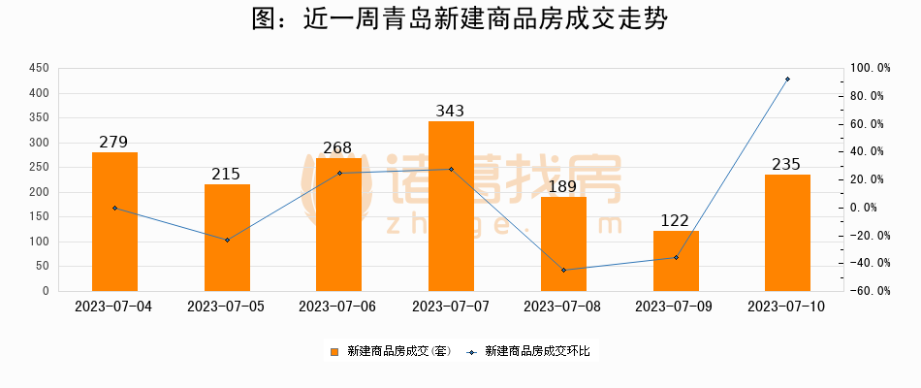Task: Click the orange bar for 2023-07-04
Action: pos(114,221)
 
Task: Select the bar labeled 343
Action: pos(451,206)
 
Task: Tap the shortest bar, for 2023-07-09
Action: pos(676,260)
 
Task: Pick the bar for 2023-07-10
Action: pos(787,233)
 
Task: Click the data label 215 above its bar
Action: pos(226,175)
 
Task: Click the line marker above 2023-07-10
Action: pos(787,80)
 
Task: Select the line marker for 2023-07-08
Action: pos(563,270)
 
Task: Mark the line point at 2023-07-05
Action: pos(227,240)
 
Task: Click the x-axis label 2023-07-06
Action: pos(338,307)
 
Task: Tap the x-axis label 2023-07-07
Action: pos(451,307)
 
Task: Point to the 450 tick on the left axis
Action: pos(40,69)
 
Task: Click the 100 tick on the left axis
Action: pos(40,242)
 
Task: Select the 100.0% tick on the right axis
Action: pos(870,69)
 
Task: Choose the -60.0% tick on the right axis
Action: pos(870,291)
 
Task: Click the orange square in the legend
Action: pos(335,352)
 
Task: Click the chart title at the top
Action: pos(460,20)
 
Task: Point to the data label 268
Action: pos(338,148)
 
